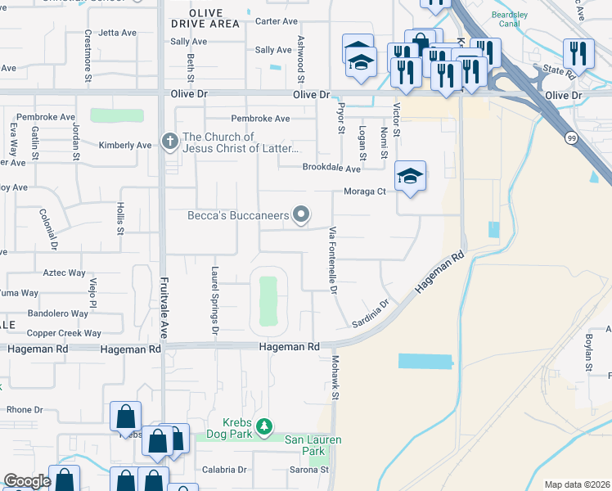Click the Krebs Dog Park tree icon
coord(263,426)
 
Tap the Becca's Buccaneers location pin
coord(302,215)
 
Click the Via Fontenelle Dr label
coord(333,260)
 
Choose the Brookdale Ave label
coord(331,169)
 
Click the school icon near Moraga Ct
coord(411,176)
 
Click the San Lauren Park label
coord(313,445)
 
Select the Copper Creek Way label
coord(64,333)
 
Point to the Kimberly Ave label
coord(125,146)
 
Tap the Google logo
coord(28,481)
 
